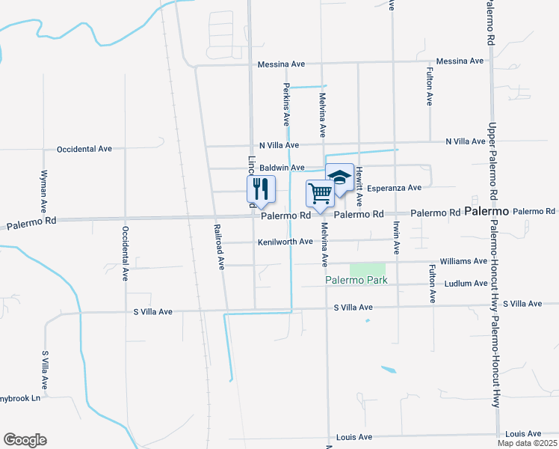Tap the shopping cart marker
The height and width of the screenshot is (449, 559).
[320, 194]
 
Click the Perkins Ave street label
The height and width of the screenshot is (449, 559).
[287, 106]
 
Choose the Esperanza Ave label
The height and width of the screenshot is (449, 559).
[395, 187]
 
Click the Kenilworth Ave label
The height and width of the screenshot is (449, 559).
[285, 242]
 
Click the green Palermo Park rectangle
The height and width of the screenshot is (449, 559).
[368, 269]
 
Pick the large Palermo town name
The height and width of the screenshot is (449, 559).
[487, 212]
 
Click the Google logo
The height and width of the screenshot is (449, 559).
[25, 440]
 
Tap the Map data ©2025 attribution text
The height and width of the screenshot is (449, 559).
[527, 443]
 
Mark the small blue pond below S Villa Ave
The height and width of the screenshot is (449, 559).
[389, 370]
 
